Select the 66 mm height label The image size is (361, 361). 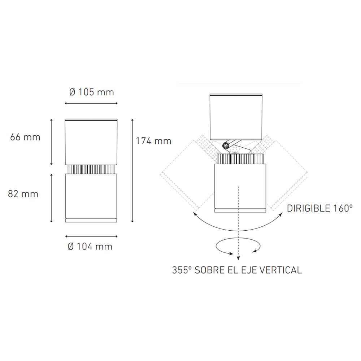[25, 137]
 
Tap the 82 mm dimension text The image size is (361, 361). [23, 194]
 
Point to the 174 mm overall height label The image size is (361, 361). [153, 141]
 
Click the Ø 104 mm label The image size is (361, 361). [90, 247]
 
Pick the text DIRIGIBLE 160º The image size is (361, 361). [319, 208]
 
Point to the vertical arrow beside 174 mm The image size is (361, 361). [132, 170]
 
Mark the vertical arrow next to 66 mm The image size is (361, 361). [51, 142]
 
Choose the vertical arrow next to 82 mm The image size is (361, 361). [51, 198]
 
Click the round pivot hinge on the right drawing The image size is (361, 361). [226, 145]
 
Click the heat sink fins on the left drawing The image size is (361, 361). [91, 169]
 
